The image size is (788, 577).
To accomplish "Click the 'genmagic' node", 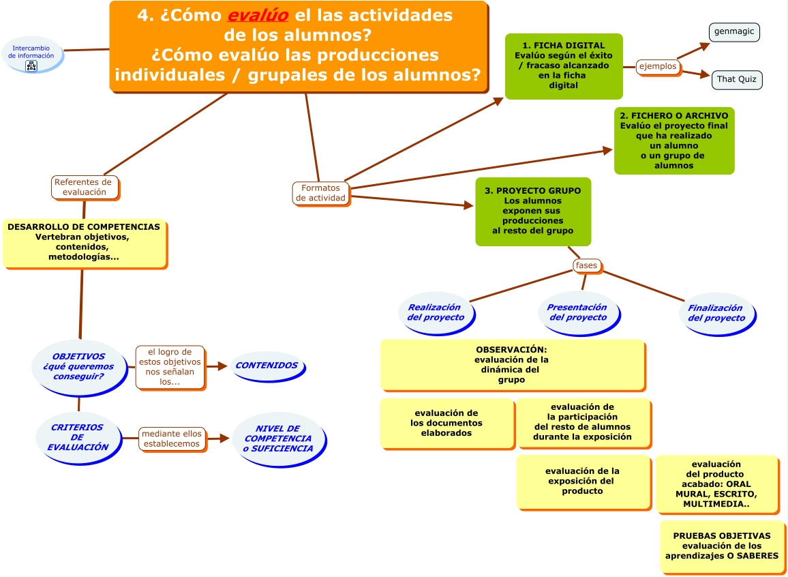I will coord(733,31).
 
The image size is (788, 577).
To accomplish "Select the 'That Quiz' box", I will coord(736,79).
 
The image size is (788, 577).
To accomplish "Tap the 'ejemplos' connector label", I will coord(657,66).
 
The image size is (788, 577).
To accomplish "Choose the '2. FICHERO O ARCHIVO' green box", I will coord(673,140).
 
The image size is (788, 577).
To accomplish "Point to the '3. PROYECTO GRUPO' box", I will coord(532,211).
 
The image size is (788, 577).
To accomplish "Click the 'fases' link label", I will coord(586,265).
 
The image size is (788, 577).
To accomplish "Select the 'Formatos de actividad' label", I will coord(320,193).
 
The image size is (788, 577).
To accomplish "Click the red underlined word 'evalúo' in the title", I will coord(257,15).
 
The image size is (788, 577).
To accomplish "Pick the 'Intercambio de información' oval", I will coord(32,53).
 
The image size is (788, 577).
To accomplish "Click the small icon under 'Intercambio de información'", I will coord(31,66).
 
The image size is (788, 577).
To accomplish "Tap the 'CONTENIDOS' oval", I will coord(267,366).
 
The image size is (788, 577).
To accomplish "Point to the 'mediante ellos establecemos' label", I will coord(171,439).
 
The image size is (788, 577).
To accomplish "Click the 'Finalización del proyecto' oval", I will coord(716,313).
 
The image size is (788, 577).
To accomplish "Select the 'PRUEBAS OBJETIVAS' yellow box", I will coord(721,546).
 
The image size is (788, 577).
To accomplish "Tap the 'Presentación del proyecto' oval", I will coord(577,312).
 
